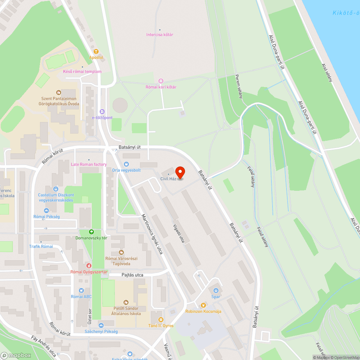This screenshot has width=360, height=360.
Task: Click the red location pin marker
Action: (180, 172)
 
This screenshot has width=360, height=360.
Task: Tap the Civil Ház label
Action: (168, 179)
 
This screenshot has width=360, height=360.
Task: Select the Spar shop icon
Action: (216, 290)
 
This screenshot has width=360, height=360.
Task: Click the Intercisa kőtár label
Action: (160, 35)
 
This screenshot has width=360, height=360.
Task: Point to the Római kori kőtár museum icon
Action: (161, 81)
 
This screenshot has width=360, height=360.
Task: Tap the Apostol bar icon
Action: (96, 51)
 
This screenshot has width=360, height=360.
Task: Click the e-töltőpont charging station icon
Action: (102, 112)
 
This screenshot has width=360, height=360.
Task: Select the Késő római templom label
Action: (82, 71)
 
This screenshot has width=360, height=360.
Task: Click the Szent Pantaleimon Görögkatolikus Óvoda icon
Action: (59, 93)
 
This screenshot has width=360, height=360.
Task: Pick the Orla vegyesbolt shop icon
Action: (126, 164)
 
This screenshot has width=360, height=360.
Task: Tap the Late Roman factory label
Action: (89, 164)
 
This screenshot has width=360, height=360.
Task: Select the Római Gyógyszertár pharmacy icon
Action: (89, 266)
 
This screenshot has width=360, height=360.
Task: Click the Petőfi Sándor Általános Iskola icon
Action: (126, 302)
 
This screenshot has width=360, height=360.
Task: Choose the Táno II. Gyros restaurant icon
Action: (161, 319)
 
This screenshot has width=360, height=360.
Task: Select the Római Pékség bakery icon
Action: (46, 211)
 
